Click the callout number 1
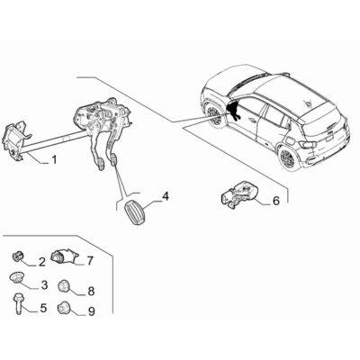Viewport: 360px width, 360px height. coord(54,160)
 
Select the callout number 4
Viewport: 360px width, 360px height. coord(166,197)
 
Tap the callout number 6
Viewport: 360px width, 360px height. coord(275,201)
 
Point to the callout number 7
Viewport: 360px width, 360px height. coord(90,261)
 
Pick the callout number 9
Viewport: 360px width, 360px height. coord(91,311)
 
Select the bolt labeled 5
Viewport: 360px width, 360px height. coord(17,304)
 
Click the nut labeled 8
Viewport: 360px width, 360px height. coord(63,285)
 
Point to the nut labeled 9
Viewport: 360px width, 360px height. coord(63,307)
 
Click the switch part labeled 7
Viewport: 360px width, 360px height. coord(64,256)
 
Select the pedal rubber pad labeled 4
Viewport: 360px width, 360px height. coord(134,213)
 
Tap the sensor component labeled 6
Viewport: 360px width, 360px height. coord(239,194)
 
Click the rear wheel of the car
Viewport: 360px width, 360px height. coord(290,157)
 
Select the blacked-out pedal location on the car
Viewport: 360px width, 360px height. coord(233,110)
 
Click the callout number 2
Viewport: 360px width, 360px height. coord(41,262)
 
